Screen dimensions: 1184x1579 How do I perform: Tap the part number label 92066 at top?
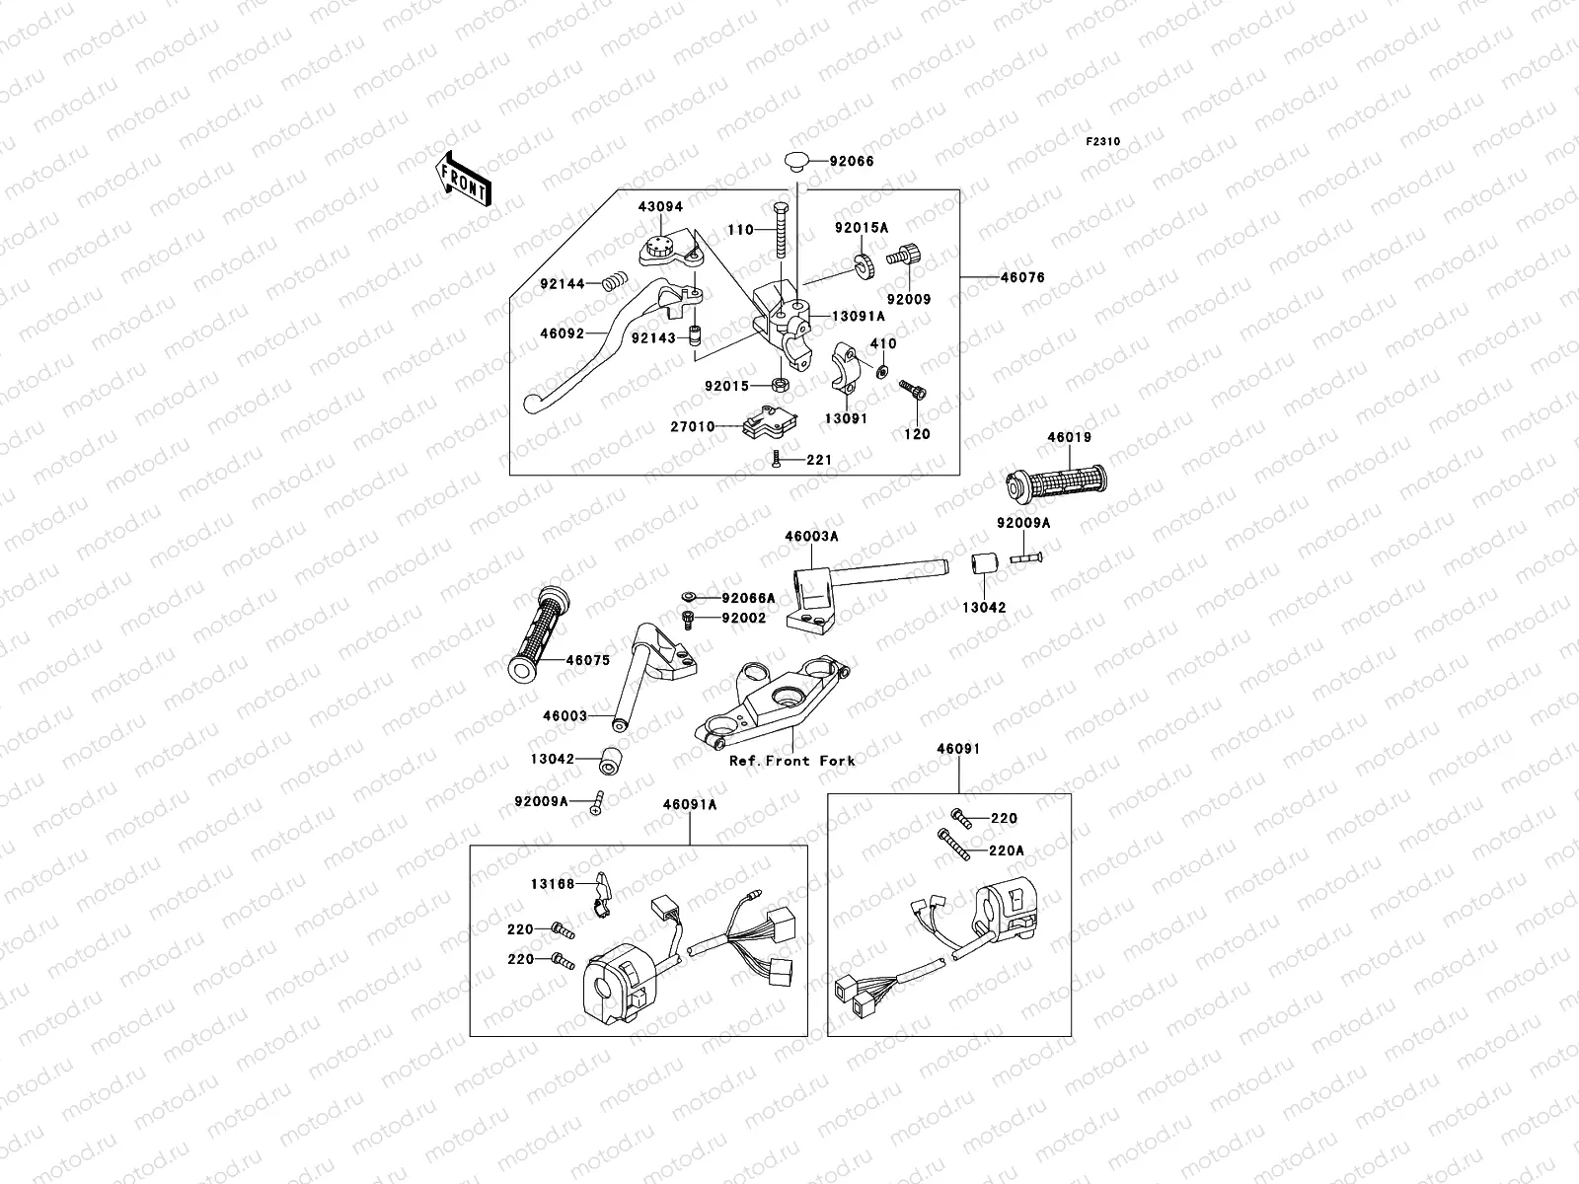[x=851, y=161]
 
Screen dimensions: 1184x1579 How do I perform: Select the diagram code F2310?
[x=1103, y=142]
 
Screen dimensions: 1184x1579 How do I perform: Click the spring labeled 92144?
[x=614, y=284]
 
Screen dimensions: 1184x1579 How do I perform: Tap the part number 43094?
[x=659, y=207]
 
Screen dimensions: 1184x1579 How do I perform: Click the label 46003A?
[x=811, y=537]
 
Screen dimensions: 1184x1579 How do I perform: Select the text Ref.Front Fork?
[x=791, y=761]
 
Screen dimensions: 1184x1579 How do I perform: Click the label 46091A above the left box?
[x=690, y=805]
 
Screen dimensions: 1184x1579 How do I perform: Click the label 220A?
[x=1007, y=850]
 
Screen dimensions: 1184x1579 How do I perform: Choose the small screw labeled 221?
[x=778, y=460]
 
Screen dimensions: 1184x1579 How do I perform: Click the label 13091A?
[x=858, y=316]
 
